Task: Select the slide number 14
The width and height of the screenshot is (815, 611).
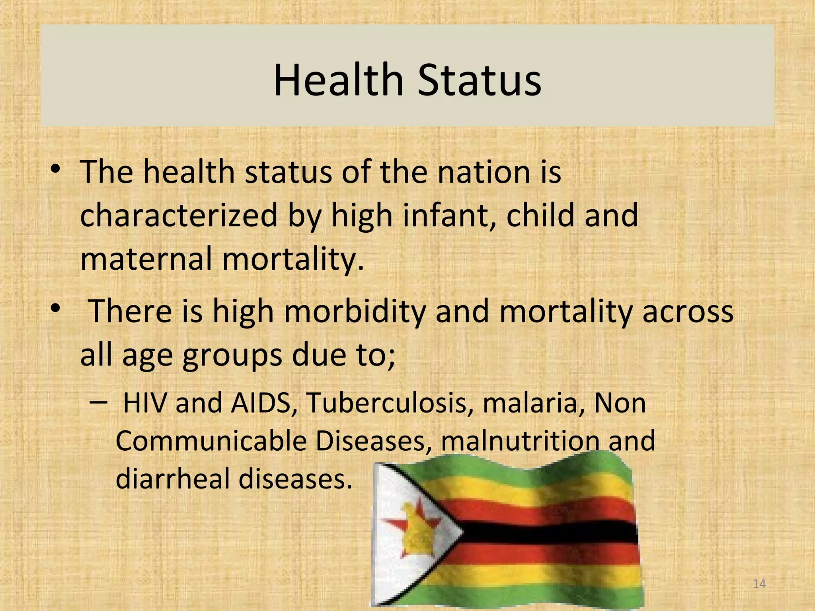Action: (759, 584)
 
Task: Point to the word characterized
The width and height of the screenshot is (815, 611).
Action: (178, 216)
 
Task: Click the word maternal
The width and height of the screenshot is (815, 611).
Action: (146, 259)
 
